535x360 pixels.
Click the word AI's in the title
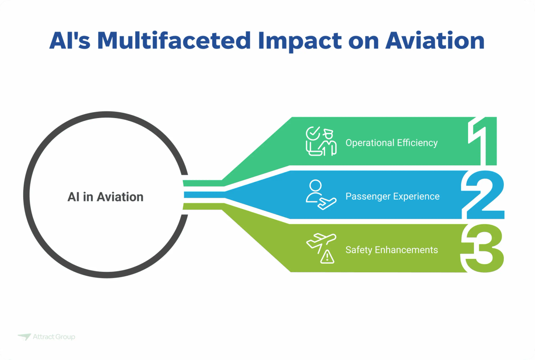70,41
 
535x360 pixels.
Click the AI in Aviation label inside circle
106,197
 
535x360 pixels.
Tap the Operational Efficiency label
391,143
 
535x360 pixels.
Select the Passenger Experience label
392,196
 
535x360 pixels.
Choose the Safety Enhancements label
391,250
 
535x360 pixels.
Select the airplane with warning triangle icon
321,248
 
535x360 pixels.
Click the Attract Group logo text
54,337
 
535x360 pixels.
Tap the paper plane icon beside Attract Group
24,337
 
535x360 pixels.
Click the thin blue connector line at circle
203,195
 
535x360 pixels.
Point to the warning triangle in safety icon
328,256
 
